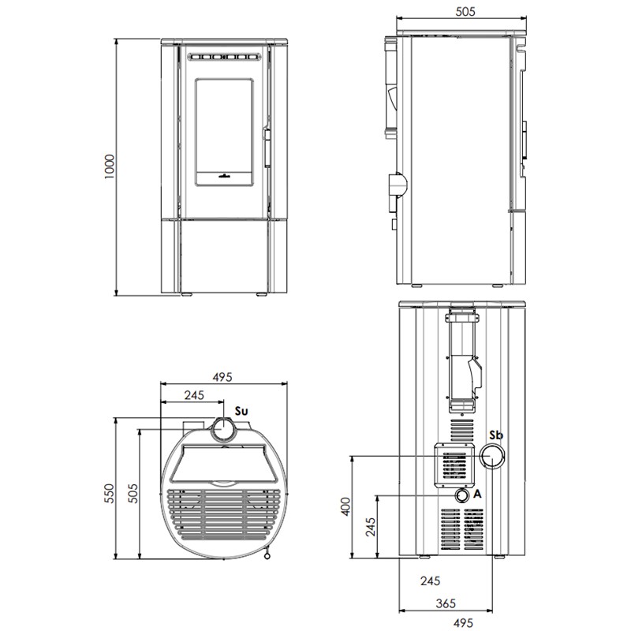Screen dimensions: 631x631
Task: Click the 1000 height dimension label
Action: (x=110, y=166)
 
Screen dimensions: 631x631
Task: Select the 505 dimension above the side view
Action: (x=465, y=11)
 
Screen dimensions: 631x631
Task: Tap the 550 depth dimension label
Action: (x=110, y=493)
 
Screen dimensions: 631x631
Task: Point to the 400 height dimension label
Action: (x=346, y=506)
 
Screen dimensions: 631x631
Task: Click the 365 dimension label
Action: (x=446, y=603)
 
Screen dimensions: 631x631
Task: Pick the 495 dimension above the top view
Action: (x=222, y=377)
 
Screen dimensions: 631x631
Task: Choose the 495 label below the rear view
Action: (x=463, y=622)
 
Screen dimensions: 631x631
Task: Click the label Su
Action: (x=241, y=411)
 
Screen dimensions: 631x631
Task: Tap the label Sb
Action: (x=496, y=435)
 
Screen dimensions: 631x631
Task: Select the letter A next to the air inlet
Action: (x=477, y=494)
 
